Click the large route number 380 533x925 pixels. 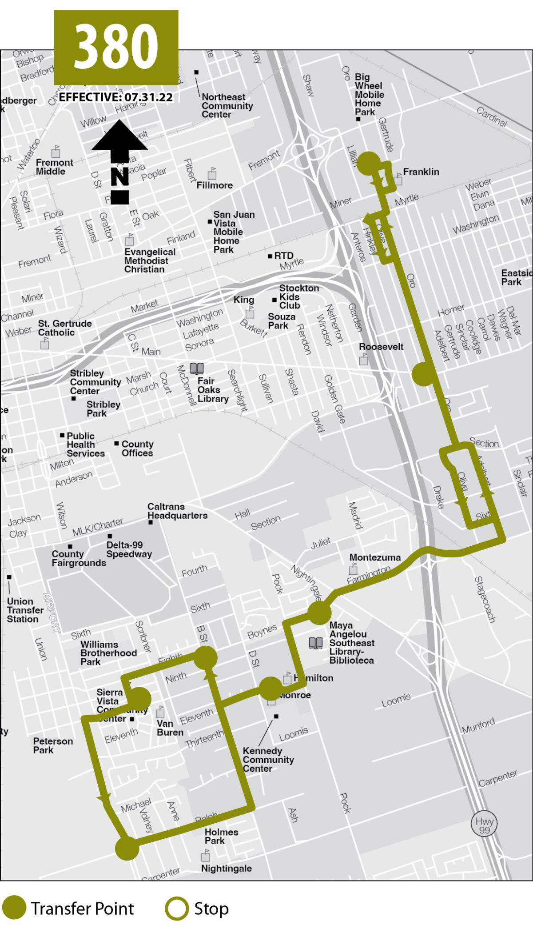(x=116, y=46)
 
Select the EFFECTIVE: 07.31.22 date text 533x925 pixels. (x=116, y=97)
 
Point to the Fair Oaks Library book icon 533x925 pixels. (x=197, y=368)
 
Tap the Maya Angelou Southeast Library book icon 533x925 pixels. (x=315, y=643)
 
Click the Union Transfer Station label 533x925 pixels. (x=25, y=610)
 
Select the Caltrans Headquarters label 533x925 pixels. (x=177, y=511)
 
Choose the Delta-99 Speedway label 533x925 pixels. (x=129, y=549)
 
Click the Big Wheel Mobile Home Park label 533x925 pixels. (x=369, y=95)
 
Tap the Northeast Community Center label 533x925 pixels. (x=227, y=106)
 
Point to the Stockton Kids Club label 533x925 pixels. (x=298, y=297)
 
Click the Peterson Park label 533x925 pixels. (x=53, y=745)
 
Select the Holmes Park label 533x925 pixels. (x=221, y=836)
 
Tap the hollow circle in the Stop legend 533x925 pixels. (x=177, y=908)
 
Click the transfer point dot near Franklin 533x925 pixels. (x=369, y=164)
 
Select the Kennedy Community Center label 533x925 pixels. (x=268, y=760)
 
